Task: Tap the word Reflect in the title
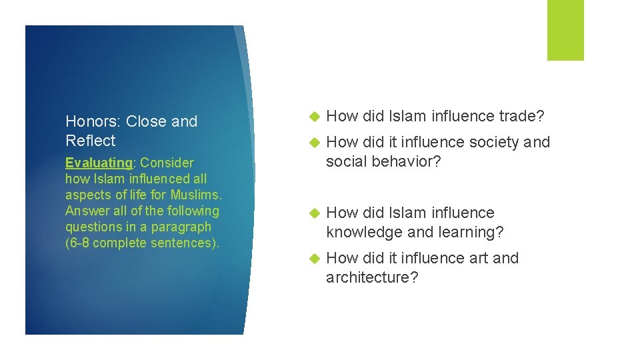tap(90, 141)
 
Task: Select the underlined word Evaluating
tap(99, 163)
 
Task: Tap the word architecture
tap(372, 277)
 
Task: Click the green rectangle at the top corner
tap(565, 30)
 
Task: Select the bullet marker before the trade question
tap(315, 117)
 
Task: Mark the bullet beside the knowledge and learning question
tap(315, 213)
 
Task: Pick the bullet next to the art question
tap(315, 259)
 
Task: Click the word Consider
tap(167, 163)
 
